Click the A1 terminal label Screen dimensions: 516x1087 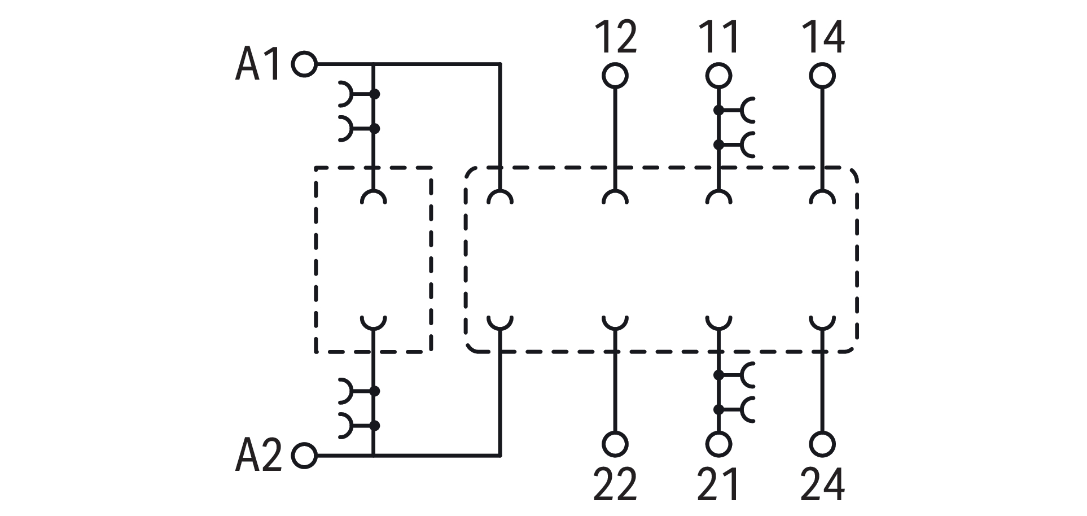point(257,65)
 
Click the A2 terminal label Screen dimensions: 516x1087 point(258,455)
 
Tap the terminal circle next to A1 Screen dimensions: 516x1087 point(304,64)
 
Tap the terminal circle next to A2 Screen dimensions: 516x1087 point(304,455)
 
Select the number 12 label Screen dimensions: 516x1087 point(615,37)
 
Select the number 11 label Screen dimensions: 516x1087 point(718,37)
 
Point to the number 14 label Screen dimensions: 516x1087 point(822,37)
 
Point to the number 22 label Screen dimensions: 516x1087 point(615,484)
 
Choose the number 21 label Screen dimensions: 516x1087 point(718,484)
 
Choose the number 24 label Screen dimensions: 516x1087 point(822,484)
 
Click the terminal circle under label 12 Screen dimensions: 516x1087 point(615,76)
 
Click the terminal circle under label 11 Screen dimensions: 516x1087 point(718,76)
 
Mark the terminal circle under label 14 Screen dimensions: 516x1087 point(822,76)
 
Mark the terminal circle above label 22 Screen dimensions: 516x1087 point(615,444)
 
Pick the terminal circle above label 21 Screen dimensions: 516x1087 point(718,444)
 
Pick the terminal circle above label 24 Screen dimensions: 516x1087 point(822,444)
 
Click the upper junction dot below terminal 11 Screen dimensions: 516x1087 point(718,110)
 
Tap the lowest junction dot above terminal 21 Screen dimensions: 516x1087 point(718,409)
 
